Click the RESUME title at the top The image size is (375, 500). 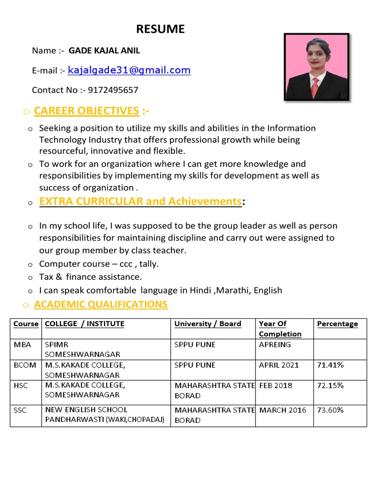pos(160,29)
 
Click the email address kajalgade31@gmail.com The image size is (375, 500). pos(129,70)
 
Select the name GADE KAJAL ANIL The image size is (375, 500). pos(104,50)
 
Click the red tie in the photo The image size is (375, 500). pos(315,87)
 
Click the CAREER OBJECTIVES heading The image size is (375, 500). pos(86,111)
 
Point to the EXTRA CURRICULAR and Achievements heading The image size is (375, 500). pos(141,201)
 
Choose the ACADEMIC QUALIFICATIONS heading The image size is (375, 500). pos(101,305)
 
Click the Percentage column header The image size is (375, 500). pos(337,324)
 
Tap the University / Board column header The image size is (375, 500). pos(208,324)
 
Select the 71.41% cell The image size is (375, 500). pos(330,365)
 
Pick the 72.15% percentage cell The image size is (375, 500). pos(330,385)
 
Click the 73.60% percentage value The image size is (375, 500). pos(330,410)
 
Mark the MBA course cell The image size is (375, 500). pos(22,345)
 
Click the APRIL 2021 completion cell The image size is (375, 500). pos(279,365)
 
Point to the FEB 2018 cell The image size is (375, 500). pos(276,385)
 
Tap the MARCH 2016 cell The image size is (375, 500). pos(283,410)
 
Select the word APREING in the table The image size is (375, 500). pos(275,345)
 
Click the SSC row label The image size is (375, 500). pos(21,410)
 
